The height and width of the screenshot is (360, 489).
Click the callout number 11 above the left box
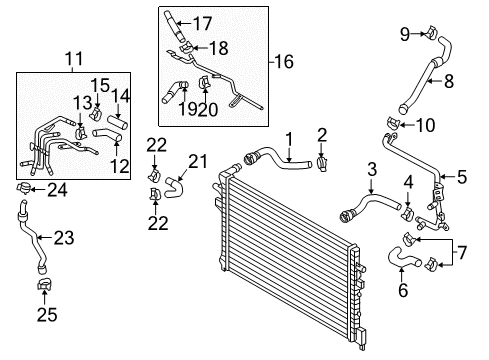74,59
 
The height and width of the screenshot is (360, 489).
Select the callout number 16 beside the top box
284,62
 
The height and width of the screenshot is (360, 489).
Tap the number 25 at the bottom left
47,314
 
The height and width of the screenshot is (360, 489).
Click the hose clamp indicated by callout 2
322,163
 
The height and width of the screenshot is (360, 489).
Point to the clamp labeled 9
431,31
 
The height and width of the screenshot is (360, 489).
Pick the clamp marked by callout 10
393,123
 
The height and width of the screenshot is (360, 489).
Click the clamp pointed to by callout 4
408,213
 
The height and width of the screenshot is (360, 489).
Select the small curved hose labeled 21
174,188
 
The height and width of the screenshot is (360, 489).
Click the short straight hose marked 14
117,122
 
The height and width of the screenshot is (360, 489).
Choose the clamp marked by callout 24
24,188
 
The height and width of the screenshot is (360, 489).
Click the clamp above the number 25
44,284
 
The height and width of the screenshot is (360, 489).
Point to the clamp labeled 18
186,47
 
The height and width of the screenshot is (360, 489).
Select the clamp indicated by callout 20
203,83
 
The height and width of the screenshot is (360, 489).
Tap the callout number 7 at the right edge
462,252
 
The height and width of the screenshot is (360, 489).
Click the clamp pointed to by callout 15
96,113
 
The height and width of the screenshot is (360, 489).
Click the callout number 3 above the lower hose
372,169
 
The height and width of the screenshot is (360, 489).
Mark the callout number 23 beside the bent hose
64,238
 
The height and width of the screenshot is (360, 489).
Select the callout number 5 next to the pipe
462,177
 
